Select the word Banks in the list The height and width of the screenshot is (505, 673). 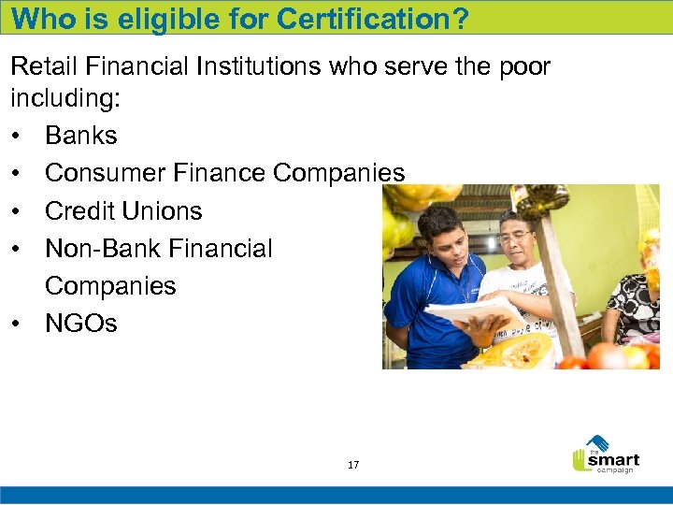(81, 136)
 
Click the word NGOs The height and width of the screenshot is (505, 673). (81, 324)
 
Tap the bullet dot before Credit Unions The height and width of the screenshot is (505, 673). (19, 211)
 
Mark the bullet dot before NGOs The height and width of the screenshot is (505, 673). (19, 325)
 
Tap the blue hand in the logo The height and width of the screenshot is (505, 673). (595, 443)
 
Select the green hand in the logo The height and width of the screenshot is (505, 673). (581, 460)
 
